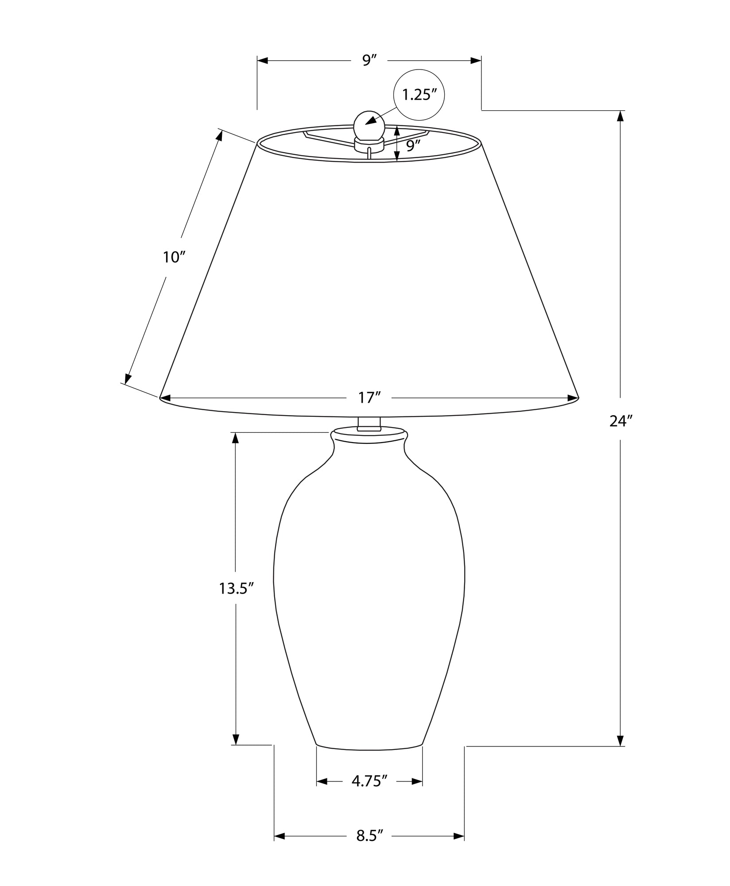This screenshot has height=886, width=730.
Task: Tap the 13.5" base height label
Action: [236, 588]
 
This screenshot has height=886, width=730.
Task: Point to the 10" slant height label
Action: [173, 256]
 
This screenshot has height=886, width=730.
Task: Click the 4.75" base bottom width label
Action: [369, 781]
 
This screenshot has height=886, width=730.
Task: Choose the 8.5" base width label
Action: [369, 836]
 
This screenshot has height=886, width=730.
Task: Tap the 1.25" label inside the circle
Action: [419, 94]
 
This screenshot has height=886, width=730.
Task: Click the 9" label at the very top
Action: [369, 60]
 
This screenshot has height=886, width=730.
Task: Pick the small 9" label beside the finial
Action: [413, 145]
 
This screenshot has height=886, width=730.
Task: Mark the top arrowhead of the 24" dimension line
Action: [620, 116]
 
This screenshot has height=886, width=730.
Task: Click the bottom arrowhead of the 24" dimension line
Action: [620, 740]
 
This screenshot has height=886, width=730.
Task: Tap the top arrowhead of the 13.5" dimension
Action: [236, 438]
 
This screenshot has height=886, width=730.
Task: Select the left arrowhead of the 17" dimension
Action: [166, 398]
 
